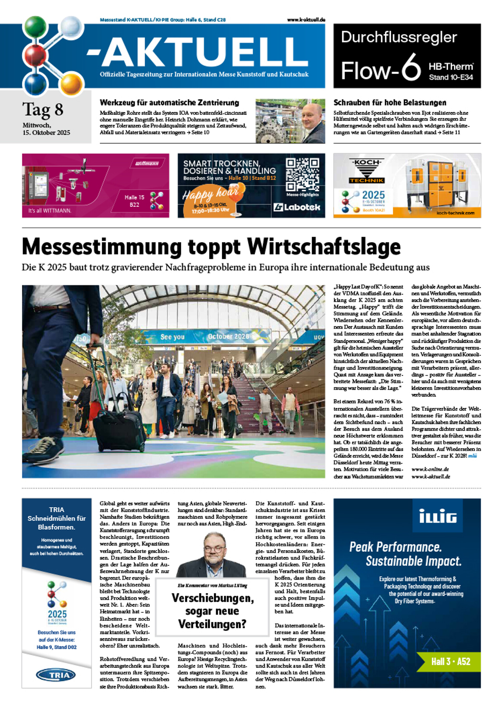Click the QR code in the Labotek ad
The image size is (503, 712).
pos(302,174)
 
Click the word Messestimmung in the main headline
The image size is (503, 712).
pos(102,247)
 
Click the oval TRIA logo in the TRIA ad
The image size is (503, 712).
pos(56,675)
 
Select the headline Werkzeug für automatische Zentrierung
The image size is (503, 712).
pos(169,103)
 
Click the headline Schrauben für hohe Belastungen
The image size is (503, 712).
pos(390,103)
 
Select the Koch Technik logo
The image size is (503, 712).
pos(367,171)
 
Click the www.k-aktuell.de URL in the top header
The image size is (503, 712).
pos(306,20)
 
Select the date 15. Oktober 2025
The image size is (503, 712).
pos(46,133)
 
